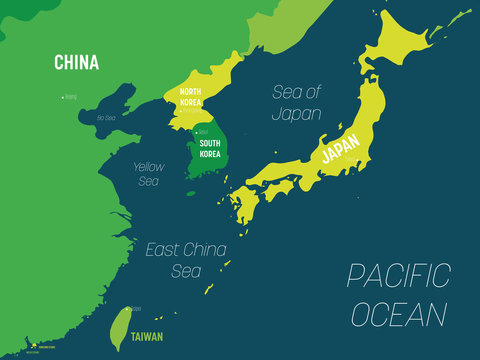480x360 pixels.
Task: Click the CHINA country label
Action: point(76,63)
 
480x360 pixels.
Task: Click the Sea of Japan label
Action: point(297,102)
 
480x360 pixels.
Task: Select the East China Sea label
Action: point(185,258)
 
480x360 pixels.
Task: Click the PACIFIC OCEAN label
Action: point(399,295)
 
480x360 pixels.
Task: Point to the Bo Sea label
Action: point(106,118)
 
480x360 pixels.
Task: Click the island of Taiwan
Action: point(120,325)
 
